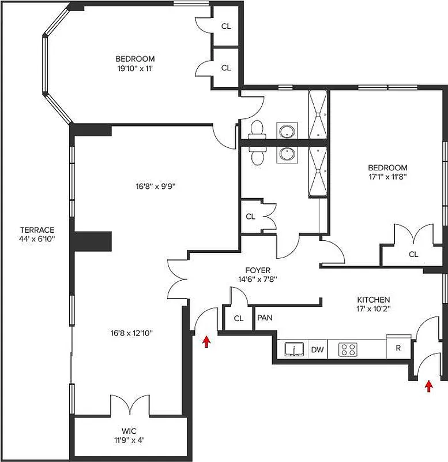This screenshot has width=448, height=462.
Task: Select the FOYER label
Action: click(x=257, y=270)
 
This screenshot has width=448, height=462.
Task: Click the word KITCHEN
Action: click(x=373, y=300)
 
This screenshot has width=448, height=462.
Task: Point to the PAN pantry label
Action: click(x=264, y=318)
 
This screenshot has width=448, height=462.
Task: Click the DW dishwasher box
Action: click(x=317, y=349)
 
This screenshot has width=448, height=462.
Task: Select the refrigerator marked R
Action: click(x=398, y=348)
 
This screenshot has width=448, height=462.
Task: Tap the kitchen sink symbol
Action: click(x=295, y=349)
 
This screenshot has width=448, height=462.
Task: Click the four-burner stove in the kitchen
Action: click(x=348, y=349)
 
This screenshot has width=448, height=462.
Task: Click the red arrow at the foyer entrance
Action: click(x=206, y=342)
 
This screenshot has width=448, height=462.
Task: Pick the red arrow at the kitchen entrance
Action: click(x=428, y=386)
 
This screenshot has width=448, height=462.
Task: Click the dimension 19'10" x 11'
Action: click(x=135, y=68)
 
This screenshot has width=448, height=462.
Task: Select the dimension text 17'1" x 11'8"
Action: click(x=388, y=177)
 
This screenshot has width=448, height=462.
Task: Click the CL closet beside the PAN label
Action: click(x=239, y=318)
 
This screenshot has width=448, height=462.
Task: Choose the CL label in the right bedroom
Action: click(x=413, y=254)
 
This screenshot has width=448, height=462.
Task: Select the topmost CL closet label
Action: click(x=226, y=26)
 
